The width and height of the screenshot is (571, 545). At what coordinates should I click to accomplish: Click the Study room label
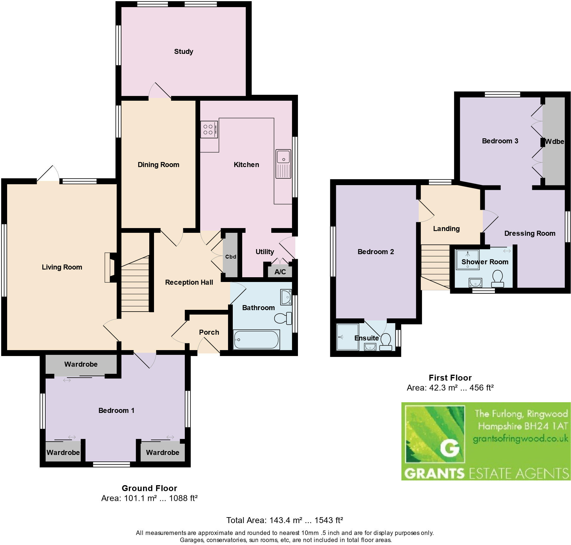coord(183,52)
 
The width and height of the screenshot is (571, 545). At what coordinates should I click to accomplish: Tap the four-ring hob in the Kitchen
coord(209,129)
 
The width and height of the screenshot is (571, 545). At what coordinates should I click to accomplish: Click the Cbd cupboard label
coord(231,257)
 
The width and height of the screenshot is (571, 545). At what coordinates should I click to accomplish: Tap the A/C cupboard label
coord(280,272)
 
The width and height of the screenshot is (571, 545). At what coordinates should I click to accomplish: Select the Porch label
coord(209,332)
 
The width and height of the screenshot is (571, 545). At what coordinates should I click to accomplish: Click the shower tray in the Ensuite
coord(347,337)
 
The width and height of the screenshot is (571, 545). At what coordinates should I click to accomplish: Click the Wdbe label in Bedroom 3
coord(554,142)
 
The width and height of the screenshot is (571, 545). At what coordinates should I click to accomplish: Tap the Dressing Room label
coord(530,233)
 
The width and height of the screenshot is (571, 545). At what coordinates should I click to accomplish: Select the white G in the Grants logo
coord(450,448)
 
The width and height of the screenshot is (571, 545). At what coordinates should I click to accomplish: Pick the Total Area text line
coord(284,520)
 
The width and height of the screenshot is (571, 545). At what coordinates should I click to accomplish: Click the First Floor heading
coord(450,378)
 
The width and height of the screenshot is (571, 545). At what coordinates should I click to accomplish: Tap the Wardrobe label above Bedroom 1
coord(81,364)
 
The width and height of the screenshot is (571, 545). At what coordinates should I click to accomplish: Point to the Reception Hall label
coord(189,282)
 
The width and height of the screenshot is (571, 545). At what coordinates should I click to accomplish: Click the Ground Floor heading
coord(149,488)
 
